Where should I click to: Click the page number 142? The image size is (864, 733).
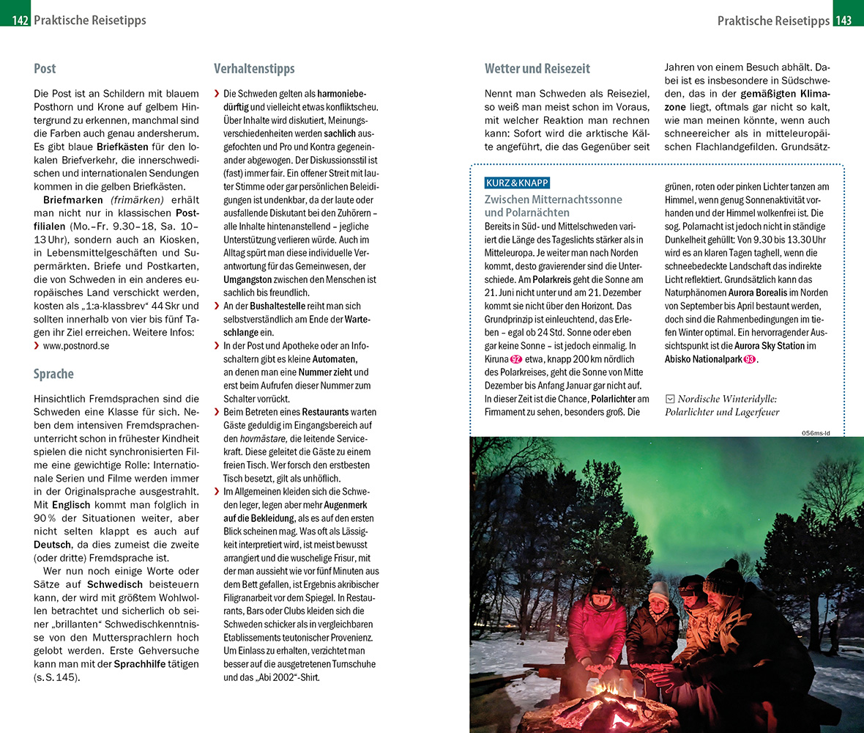click(x=20, y=21)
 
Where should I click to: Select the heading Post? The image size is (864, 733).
click(x=45, y=69)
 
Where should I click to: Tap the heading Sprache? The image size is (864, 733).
click(x=53, y=374)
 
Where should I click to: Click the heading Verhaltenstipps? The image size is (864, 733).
click(x=254, y=69)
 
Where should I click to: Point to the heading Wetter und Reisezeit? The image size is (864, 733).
click(x=537, y=69)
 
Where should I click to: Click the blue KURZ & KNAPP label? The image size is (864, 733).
click(x=516, y=183)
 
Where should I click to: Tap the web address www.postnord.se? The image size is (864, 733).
click(x=75, y=345)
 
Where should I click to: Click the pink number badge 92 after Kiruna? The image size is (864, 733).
click(x=516, y=359)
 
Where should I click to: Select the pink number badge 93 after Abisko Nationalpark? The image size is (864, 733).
click(x=750, y=359)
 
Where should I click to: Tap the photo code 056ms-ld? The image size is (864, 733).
click(x=815, y=432)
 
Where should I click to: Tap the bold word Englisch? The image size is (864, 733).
click(x=72, y=504)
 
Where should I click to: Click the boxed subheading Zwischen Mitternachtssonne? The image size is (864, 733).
click(x=554, y=199)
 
